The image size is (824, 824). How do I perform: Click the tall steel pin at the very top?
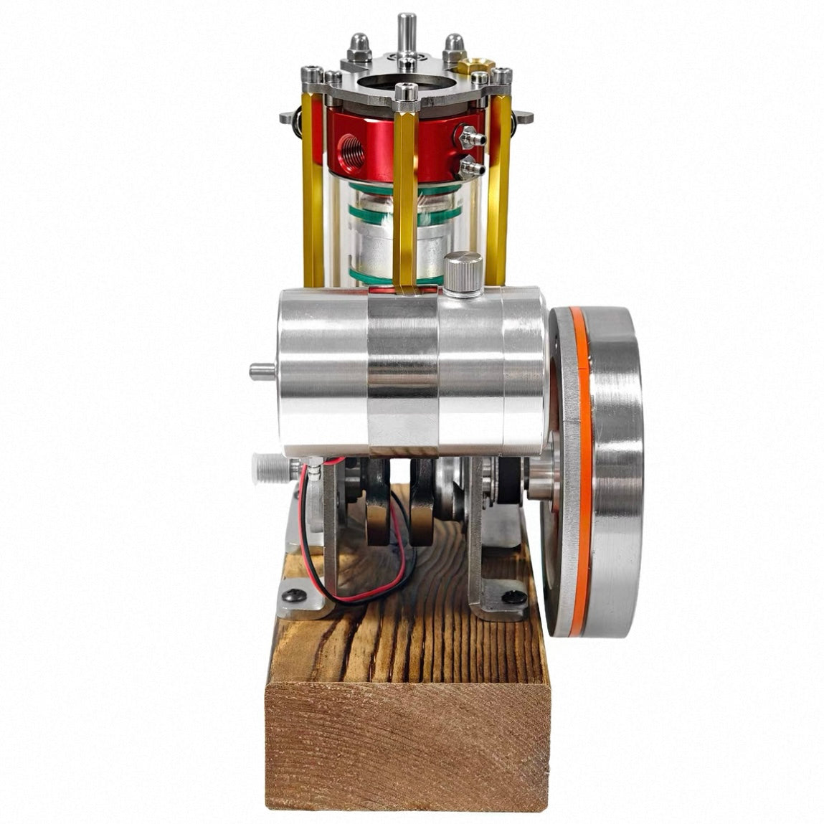click(x=407, y=32)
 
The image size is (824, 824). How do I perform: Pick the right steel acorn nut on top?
click(x=454, y=48)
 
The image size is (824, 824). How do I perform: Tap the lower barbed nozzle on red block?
click(x=470, y=169)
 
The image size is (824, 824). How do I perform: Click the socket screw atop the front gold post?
click(x=406, y=92)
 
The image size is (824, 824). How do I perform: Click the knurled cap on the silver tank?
click(x=463, y=271)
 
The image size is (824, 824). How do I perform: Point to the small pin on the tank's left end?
click(x=261, y=371)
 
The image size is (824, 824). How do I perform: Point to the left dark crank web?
click(x=377, y=506)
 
